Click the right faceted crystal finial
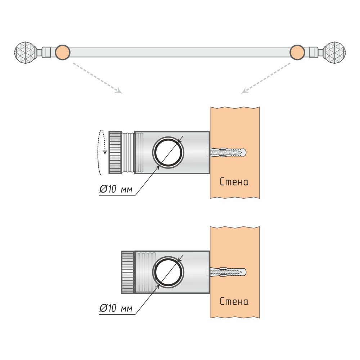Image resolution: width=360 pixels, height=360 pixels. (x=335, y=53)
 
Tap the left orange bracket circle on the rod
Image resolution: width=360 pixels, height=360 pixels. (x=62, y=53)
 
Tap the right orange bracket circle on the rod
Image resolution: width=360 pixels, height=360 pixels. (x=297, y=53)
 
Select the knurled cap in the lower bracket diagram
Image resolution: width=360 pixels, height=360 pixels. (x=127, y=272)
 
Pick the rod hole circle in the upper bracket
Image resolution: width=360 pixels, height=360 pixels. (x=168, y=152)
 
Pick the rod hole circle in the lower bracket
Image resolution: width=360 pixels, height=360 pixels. (x=168, y=272)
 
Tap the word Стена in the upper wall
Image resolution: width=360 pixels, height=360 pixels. (x=234, y=182)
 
